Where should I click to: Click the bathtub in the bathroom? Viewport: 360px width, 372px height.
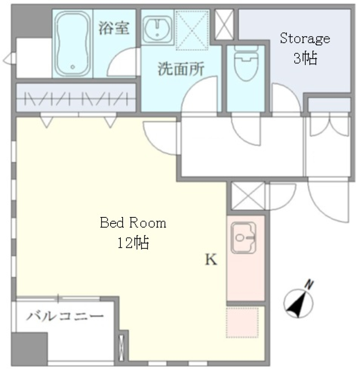point(72,43)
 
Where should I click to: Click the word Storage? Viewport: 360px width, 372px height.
point(305,38)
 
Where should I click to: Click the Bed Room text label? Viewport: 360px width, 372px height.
point(133,223)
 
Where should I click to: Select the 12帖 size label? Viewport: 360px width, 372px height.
point(133,243)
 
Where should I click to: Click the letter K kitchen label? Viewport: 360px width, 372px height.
point(211,260)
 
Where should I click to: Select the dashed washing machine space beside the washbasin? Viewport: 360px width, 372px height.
point(192,30)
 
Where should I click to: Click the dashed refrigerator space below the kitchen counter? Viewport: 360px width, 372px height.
point(242,322)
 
